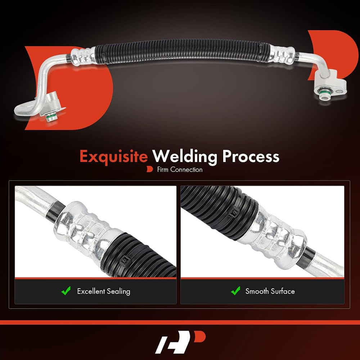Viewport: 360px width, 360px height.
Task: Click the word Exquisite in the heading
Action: click(x=114, y=157)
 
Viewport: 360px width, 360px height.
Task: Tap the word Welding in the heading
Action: click(x=185, y=157)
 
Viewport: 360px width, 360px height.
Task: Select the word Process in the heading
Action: click(x=251, y=156)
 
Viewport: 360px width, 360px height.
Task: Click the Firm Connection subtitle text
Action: click(x=180, y=170)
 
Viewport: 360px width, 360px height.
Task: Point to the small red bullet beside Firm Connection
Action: click(x=149, y=170)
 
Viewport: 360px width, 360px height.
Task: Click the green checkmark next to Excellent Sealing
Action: click(x=66, y=291)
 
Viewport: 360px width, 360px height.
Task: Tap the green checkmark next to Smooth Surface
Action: click(x=235, y=291)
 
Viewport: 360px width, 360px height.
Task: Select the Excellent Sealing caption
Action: click(x=104, y=291)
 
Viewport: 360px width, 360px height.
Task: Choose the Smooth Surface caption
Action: click(x=270, y=291)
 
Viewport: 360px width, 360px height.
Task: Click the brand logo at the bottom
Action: click(x=180, y=342)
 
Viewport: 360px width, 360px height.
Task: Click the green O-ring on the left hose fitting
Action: click(x=49, y=116)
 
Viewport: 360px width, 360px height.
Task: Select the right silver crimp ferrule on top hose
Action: click(x=282, y=55)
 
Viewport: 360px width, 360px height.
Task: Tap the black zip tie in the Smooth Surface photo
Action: click(x=235, y=213)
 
